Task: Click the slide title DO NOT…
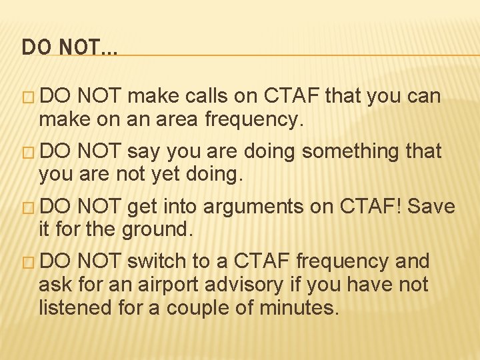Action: pos(69,47)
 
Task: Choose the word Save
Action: pos(431,207)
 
